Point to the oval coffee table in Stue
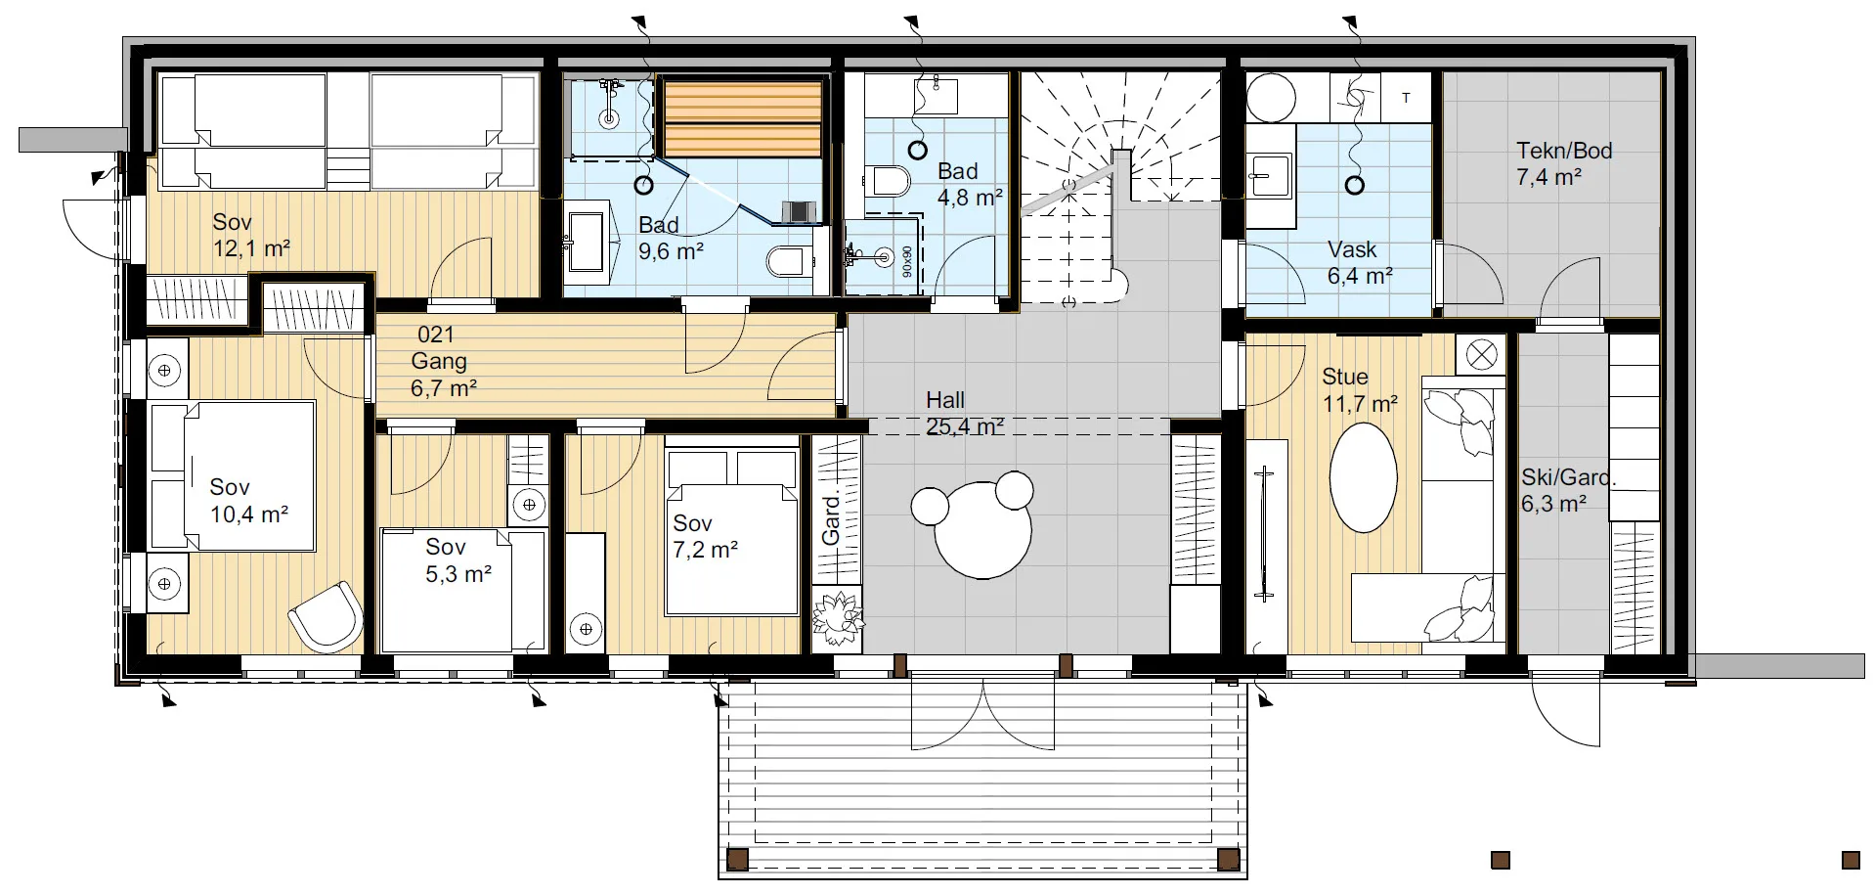click(x=1363, y=477)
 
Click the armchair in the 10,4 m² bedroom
click(x=326, y=616)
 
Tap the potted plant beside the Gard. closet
click(x=837, y=617)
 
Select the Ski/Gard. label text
click(x=1568, y=477)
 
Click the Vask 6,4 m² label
click(x=1359, y=263)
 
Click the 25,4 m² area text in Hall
click(x=964, y=427)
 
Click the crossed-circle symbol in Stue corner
click(x=1481, y=354)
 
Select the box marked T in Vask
click(x=1406, y=97)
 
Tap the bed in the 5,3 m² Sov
click(x=462, y=591)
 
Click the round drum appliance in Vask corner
click(x=1271, y=98)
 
